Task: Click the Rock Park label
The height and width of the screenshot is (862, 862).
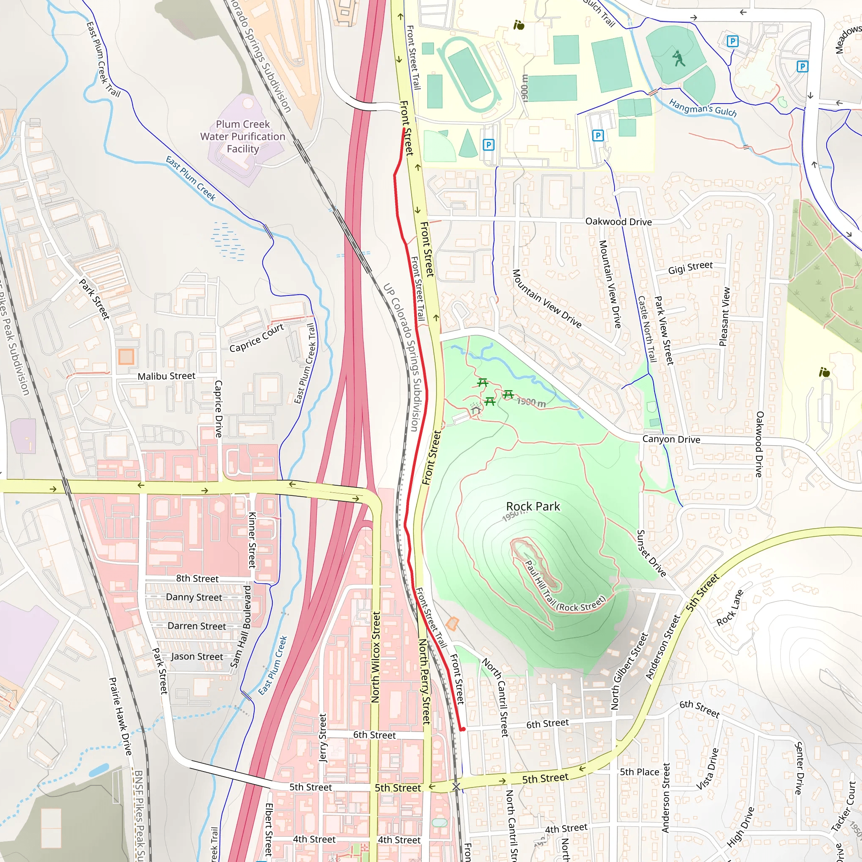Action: pyautogui.click(x=533, y=506)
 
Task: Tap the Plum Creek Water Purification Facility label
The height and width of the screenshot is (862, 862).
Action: pyautogui.click(x=243, y=136)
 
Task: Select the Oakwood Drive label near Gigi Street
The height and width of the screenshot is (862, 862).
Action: pyautogui.click(x=618, y=222)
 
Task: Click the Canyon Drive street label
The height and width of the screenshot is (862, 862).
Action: pyautogui.click(x=671, y=439)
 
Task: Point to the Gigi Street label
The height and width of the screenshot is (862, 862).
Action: pyautogui.click(x=690, y=268)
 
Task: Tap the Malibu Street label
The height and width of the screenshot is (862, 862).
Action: pyautogui.click(x=166, y=376)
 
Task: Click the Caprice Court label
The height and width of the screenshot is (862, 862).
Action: pyautogui.click(x=257, y=338)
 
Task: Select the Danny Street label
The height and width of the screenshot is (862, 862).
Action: pyautogui.click(x=194, y=597)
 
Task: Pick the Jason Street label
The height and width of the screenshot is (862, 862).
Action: pyautogui.click(x=197, y=656)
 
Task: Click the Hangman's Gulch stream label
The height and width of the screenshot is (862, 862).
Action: pyautogui.click(x=703, y=109)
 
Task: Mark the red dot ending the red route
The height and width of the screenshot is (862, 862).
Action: pyautogui.click(x=463, y=729)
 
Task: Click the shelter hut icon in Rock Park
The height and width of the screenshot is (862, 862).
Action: pyautogui.click(x=476, y=410)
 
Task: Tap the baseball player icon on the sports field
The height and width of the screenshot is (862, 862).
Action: pyautogui.click(x=678, y=59)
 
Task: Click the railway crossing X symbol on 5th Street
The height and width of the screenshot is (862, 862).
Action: pyautogui.click(x=456, y=787)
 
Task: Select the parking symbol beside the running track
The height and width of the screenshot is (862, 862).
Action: pyautogui.click(x=489, y=144)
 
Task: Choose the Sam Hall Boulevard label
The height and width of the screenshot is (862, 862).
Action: pyautogui.click(x=240, y=627)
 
